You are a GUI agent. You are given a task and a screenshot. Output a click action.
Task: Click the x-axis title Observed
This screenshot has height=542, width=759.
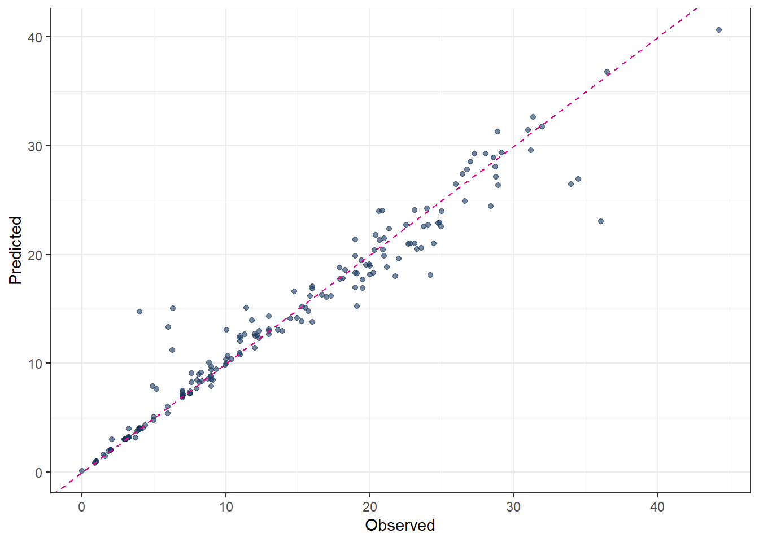400,525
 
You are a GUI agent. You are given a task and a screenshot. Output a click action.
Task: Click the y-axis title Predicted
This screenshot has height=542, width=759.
15,250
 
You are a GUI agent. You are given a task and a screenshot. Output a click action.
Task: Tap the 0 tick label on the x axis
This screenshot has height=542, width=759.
82,507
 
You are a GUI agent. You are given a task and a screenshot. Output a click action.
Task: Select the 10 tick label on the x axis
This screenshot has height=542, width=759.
226,507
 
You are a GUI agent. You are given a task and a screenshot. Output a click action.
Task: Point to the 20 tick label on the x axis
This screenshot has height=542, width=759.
370,507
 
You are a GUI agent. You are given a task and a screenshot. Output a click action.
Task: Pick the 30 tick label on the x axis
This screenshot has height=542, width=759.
513,507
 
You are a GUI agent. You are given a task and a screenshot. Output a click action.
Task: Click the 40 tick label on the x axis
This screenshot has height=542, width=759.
657,507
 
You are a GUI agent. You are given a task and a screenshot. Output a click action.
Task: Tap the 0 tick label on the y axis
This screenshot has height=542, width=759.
38,473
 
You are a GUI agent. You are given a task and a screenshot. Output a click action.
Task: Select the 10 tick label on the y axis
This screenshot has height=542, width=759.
35,364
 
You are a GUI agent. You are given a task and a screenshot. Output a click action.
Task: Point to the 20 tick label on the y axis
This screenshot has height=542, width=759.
35,255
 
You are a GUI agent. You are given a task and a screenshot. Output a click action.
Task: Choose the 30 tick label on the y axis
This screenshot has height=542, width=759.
35,146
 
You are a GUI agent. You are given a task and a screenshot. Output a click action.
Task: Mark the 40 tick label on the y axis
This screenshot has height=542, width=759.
35,37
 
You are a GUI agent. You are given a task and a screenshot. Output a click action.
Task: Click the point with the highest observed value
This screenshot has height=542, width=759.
719,30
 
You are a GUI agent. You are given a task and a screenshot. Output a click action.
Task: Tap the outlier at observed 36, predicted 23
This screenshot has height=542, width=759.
601,221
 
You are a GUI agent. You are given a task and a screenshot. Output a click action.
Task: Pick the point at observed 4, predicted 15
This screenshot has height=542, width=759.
139,312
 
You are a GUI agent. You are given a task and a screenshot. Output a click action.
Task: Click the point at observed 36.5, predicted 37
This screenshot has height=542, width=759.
607,72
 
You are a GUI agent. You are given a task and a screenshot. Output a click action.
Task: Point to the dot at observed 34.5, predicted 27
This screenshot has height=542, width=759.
578,179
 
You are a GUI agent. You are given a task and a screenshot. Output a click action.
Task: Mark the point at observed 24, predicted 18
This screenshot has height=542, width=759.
430,275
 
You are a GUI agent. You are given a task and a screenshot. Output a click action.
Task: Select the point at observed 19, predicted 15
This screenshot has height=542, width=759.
357,306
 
